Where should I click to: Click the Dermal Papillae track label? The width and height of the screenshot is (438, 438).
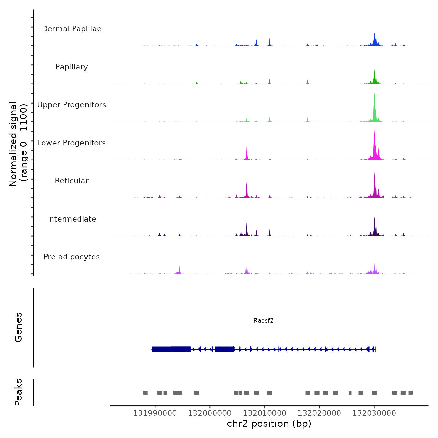click(x=72, y=29)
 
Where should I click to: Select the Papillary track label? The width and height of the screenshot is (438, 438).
click(x=72, y=67)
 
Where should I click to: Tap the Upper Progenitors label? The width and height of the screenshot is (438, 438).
click(x=72, y=105)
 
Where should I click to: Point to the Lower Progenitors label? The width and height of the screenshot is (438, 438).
click(x=72, y=143)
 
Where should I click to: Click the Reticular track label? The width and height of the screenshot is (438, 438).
click(x=72, y=181)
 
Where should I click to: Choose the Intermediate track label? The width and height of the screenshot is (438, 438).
click(x=72, y=219)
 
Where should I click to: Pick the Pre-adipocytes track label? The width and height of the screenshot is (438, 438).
click(x=72, y=257)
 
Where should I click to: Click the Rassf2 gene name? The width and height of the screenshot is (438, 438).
click(x=263, y=320)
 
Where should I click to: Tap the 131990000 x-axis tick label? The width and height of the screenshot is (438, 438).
click(x=155, y=413)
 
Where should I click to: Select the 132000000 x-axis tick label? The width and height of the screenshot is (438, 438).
click(x=210, y=413)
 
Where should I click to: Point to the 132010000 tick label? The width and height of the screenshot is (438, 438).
click(x=264, y=413)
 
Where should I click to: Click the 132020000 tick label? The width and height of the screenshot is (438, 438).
click(x=319, y=413)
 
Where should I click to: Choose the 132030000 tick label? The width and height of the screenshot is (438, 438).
click(x=374, y=413)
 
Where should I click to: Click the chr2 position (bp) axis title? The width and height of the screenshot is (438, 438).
click(x=269, y=424)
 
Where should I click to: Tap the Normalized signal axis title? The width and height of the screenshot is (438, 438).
click(x=18, y=144)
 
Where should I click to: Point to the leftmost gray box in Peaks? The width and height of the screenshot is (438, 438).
click(x=145, y=393)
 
